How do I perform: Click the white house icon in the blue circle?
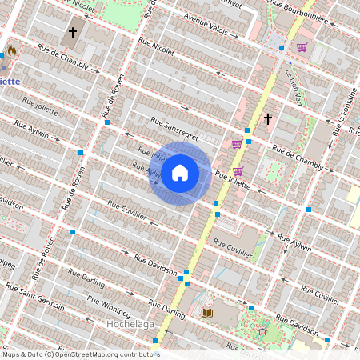point(180,173)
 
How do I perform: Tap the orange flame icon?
point(12,50)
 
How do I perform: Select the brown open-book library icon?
point(207,312)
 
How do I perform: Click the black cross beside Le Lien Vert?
point(268,119)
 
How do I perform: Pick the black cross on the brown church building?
point(73,33)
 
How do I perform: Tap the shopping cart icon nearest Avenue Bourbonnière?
point(302,47)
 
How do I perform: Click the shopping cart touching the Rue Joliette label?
point(238,170)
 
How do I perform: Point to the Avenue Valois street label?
point(210,26)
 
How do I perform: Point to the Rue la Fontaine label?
point(341,113)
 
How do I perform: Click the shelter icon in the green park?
point(261,327)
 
